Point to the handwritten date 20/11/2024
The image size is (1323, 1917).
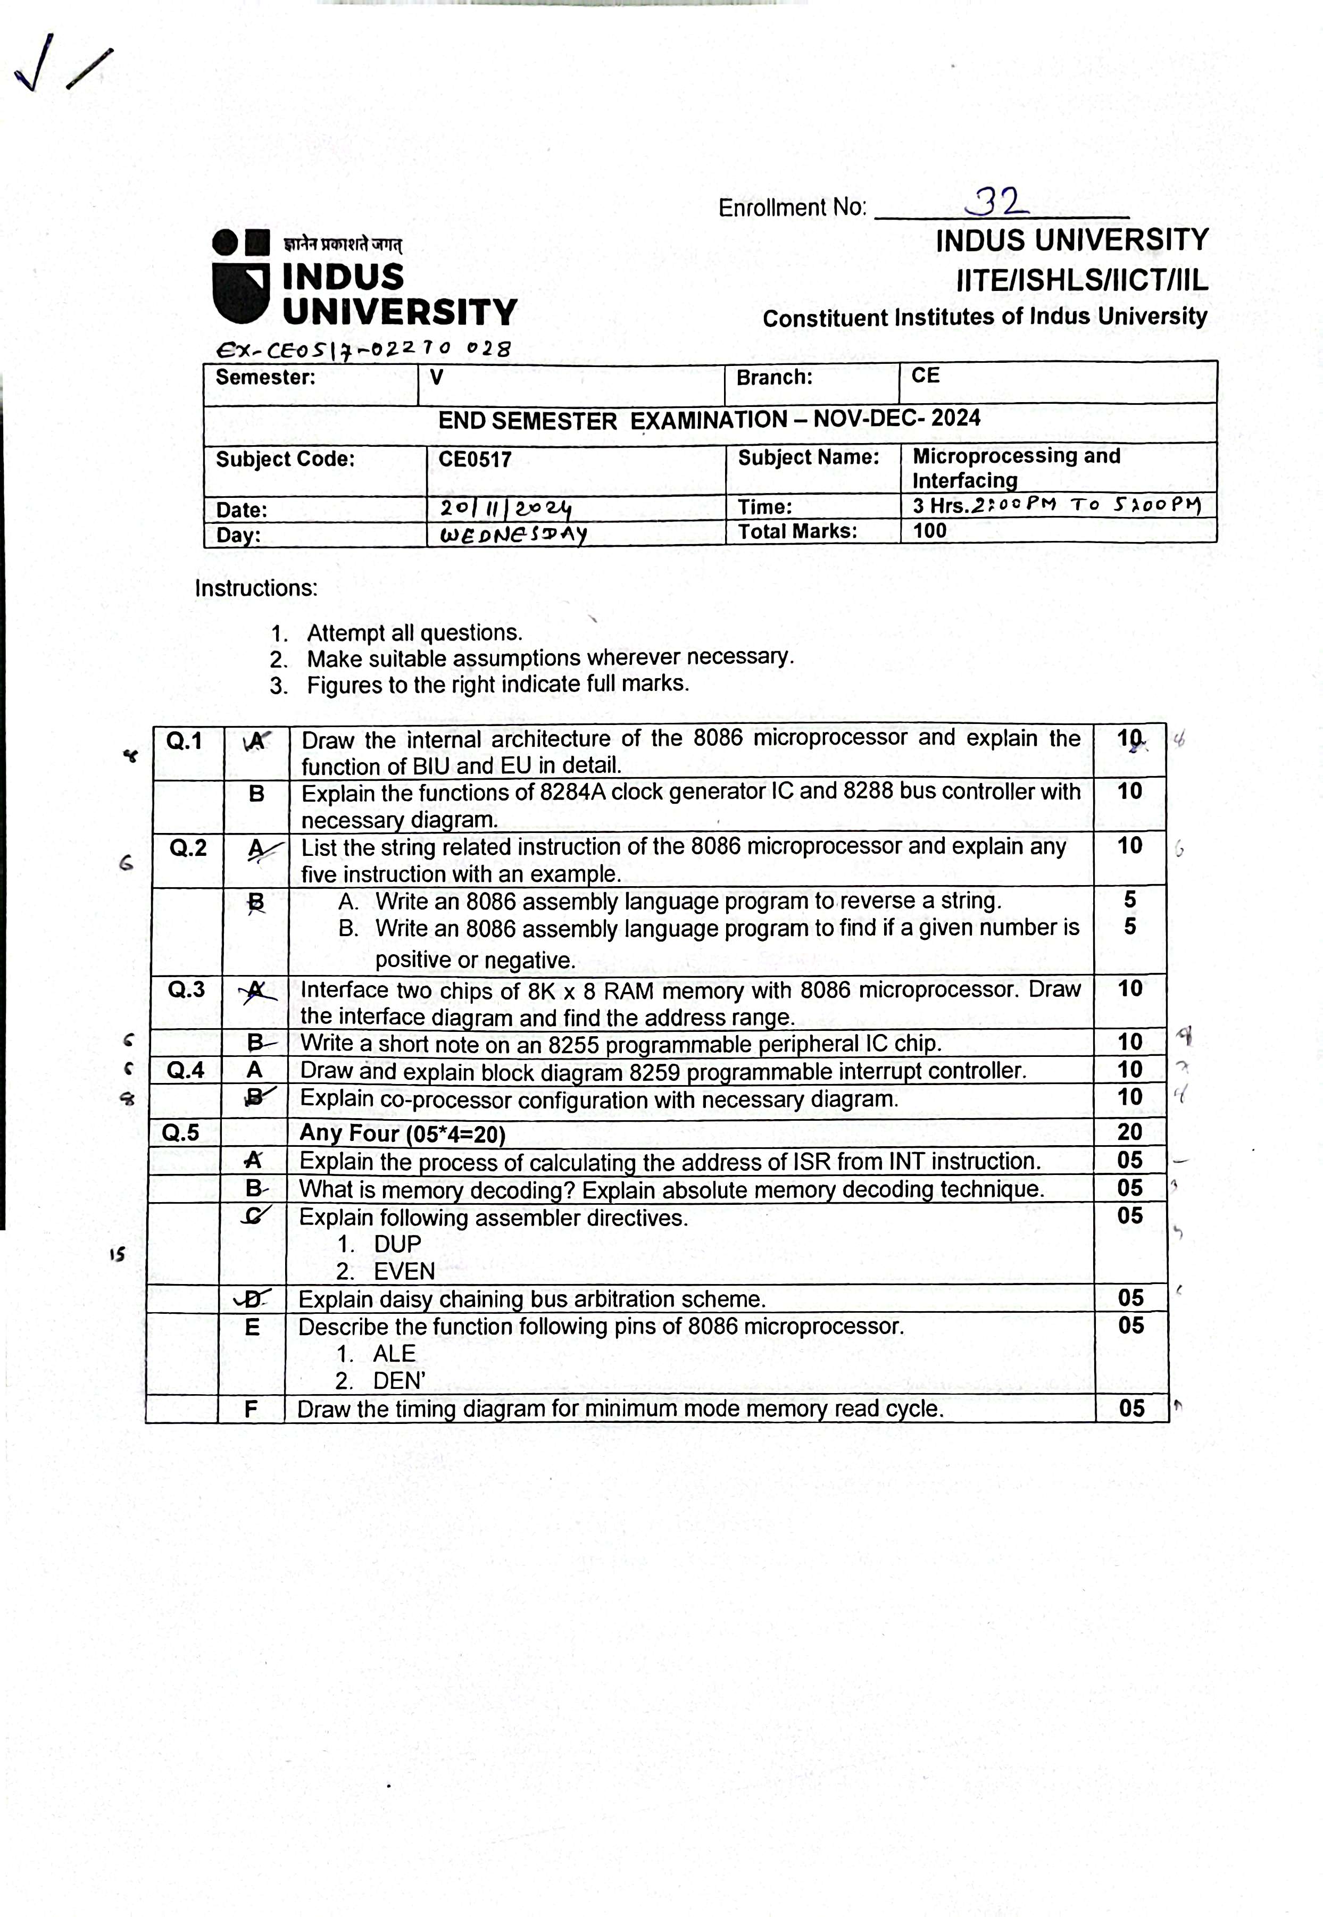[506, 508]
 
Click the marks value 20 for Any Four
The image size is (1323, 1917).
[1129, 1132]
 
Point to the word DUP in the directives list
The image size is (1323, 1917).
[397, 1244]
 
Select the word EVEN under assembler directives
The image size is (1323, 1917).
[404, 1271]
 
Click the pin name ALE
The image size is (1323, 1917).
[394, 1353]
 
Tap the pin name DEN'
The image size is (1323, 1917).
[399, 1381]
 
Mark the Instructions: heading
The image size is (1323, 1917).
[256, 588]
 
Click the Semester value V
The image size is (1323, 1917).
[436, 377]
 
